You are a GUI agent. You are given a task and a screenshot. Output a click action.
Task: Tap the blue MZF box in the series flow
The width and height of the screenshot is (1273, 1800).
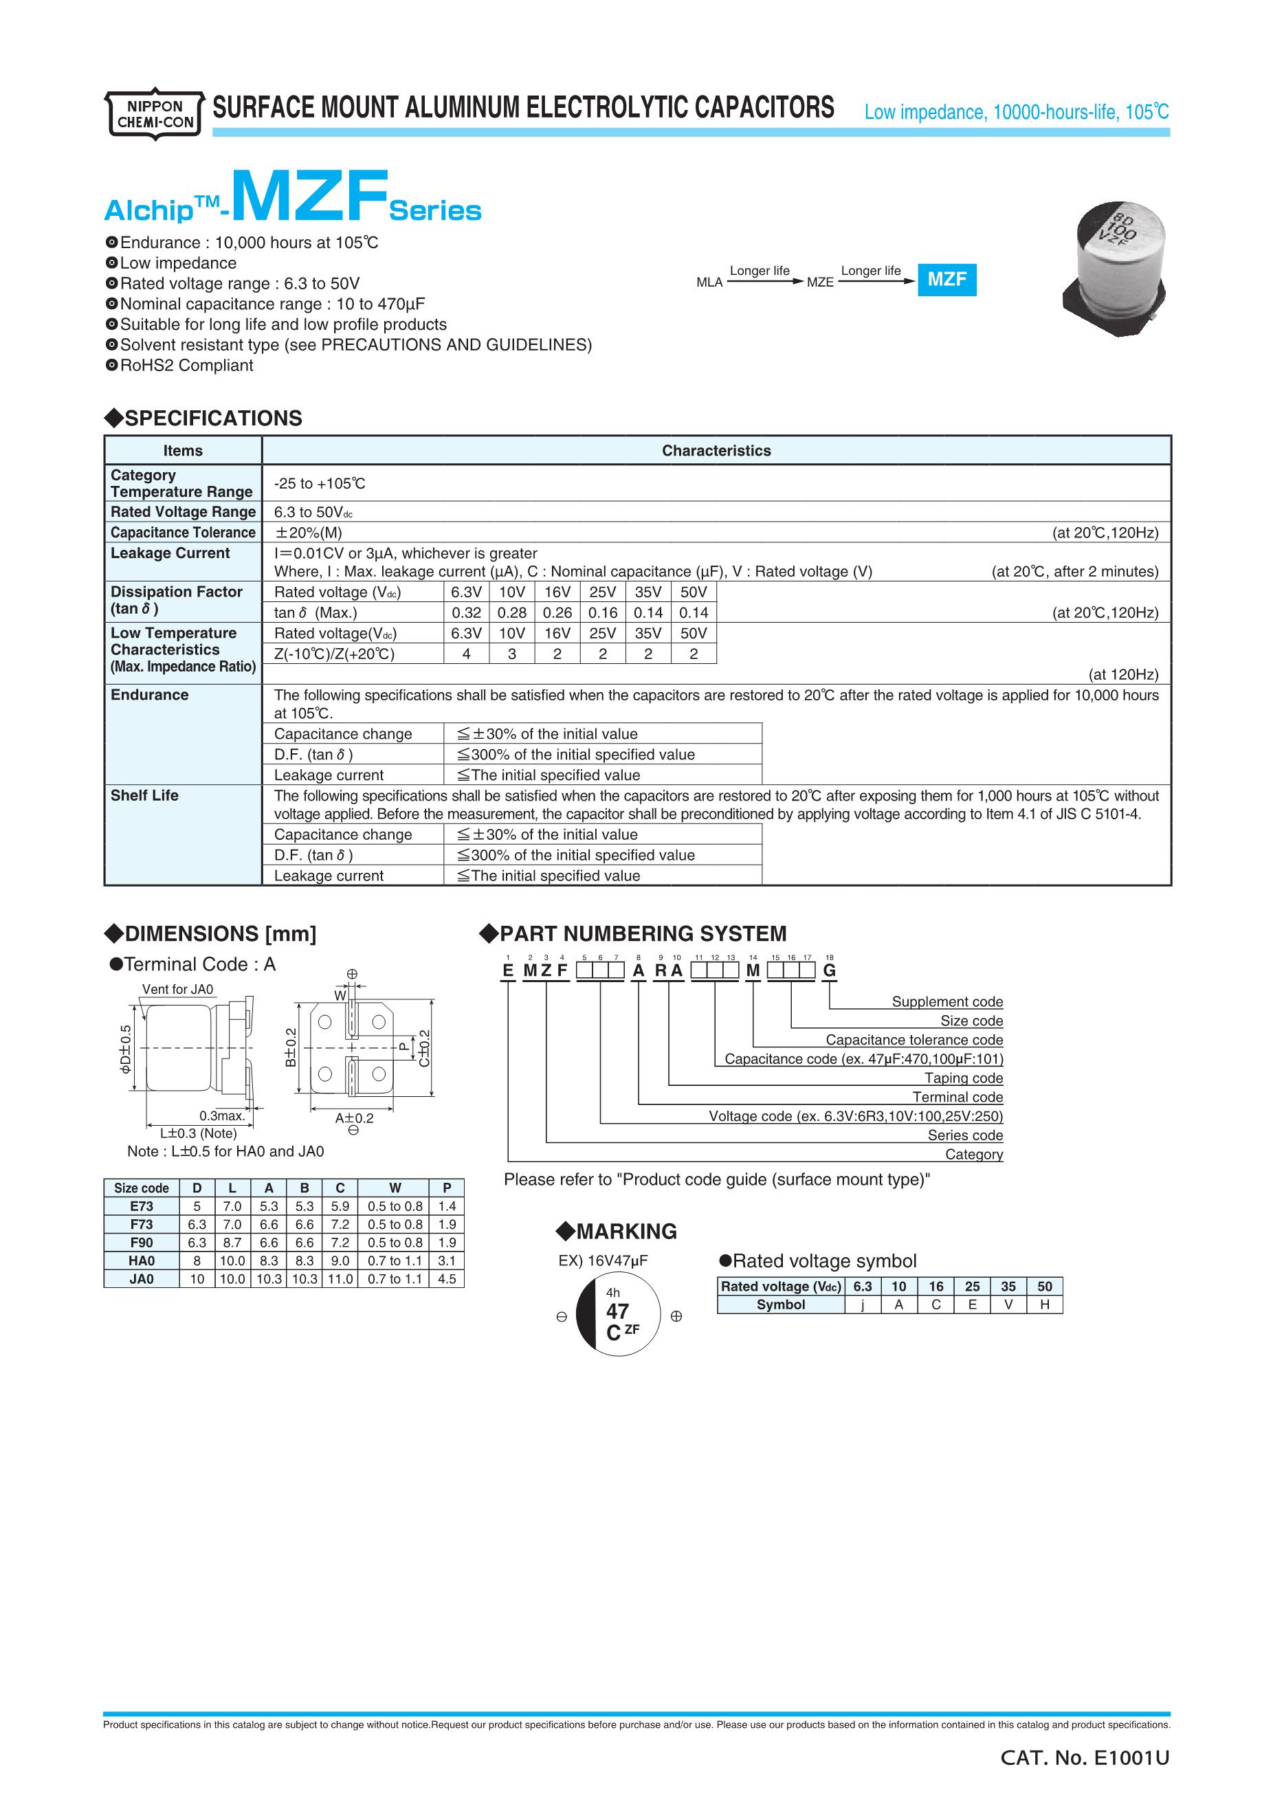[x=947, y=279]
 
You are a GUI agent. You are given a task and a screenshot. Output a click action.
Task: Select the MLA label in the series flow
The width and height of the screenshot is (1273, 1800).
[x=709, y=282]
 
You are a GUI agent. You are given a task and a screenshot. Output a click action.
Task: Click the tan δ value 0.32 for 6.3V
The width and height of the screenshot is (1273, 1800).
[x=467, y=613]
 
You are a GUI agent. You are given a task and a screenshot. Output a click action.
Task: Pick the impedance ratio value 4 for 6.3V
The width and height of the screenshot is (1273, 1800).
[x=467, y=654]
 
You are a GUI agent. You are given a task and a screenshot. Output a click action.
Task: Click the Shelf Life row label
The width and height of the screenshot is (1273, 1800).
[x=144, y=795]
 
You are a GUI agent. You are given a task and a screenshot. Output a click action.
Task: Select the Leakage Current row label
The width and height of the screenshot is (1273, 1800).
[x=170, y=553]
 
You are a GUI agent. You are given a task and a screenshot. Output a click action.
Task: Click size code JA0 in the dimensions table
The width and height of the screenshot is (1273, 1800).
[x=141, y=1278]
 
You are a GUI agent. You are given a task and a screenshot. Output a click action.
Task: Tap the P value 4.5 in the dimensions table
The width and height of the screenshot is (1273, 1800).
[x=447, y=1278]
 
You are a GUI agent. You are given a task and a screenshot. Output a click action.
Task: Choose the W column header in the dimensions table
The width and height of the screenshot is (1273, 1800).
[x=395, y=1188]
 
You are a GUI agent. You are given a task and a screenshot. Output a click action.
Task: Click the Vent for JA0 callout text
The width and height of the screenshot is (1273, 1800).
[x=178, y=990]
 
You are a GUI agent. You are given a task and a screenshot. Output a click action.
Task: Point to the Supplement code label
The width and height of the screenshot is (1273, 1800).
[x=947, y=1002]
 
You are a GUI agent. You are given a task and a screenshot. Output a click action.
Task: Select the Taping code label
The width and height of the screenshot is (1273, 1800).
[x=964, y=1078]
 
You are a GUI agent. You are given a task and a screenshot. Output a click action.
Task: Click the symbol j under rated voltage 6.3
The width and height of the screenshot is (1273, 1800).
[x=862, y=1304]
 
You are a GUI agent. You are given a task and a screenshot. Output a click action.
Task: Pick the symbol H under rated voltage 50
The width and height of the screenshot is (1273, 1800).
[x=1044, y=1304]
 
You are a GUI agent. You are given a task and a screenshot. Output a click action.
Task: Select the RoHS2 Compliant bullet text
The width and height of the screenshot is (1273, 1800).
[x=186, y=366]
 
